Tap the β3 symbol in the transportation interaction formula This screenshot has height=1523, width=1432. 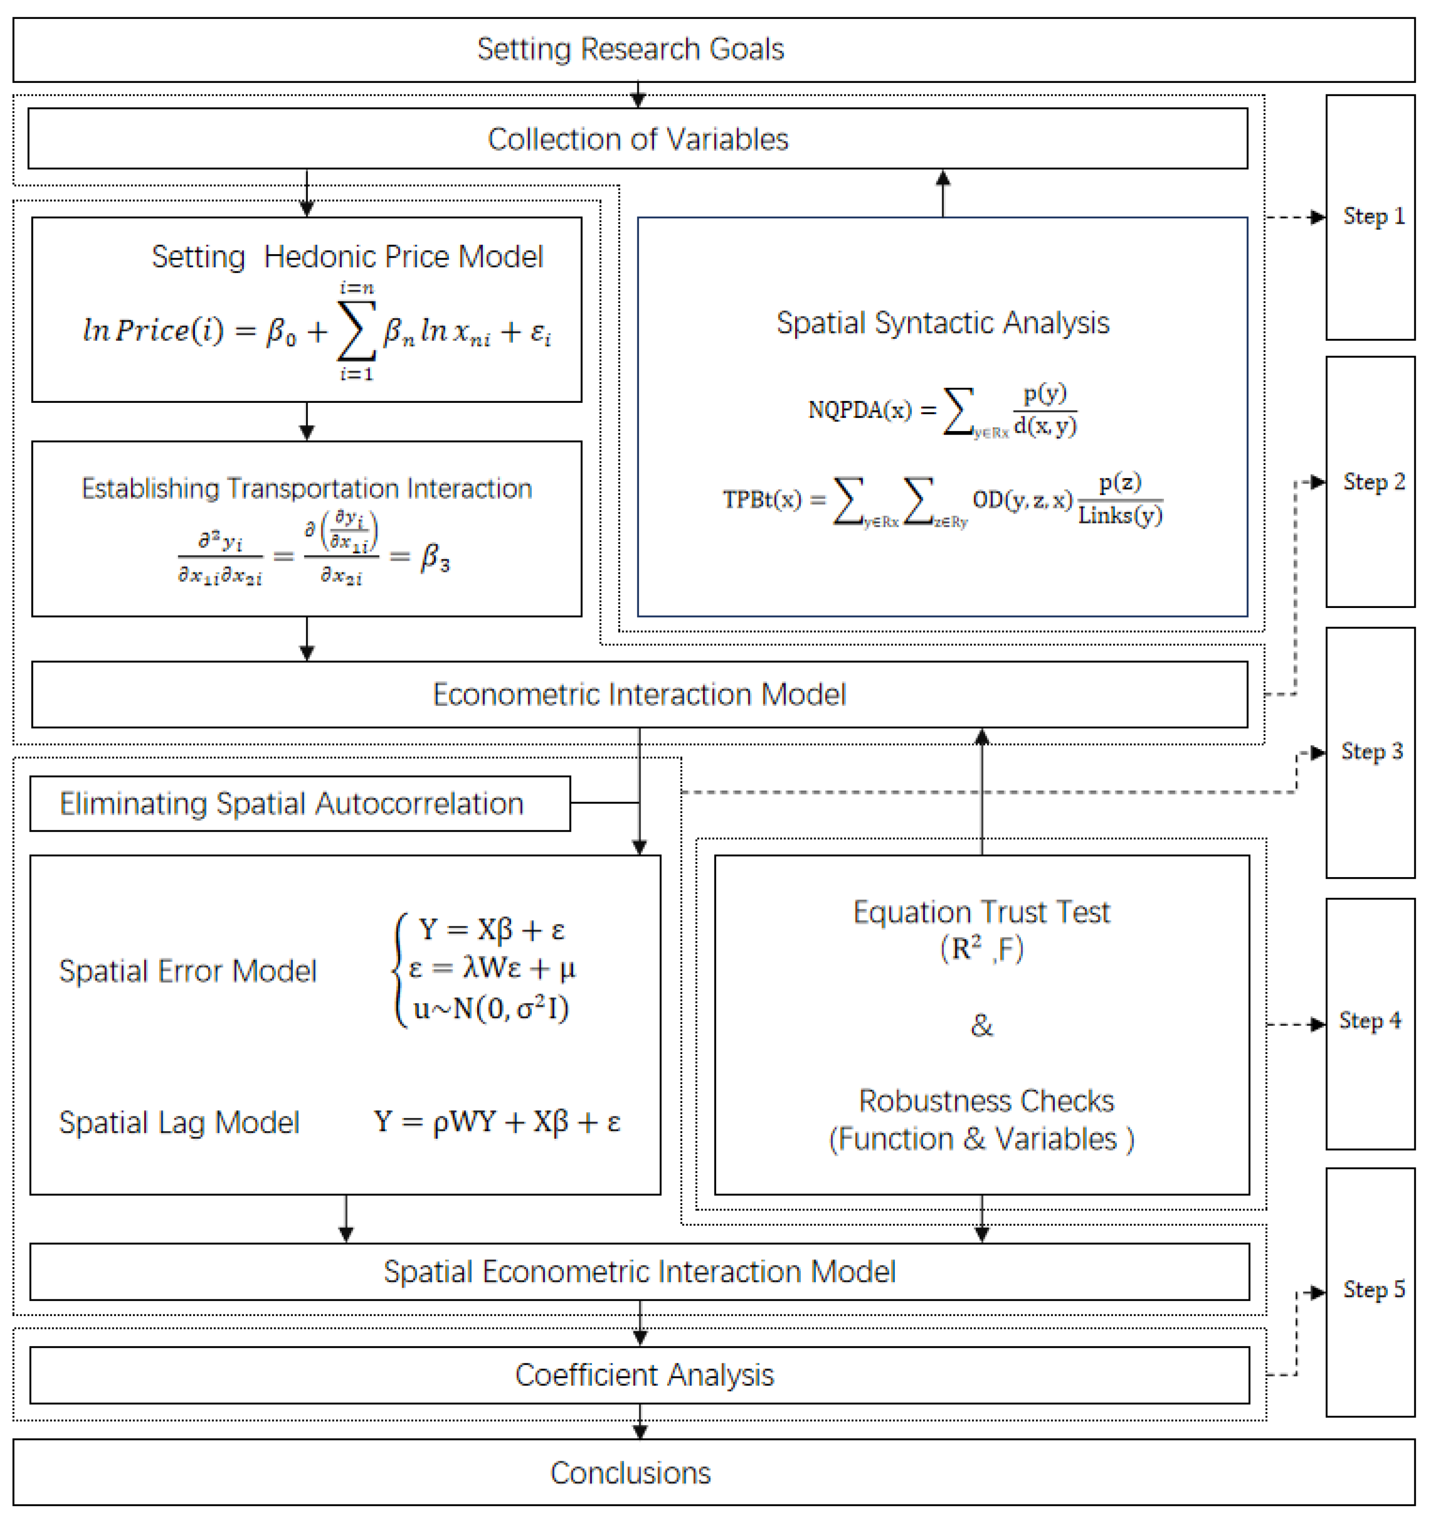435,558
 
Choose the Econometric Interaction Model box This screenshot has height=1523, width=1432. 639,694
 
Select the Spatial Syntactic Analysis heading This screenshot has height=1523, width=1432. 942,323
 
